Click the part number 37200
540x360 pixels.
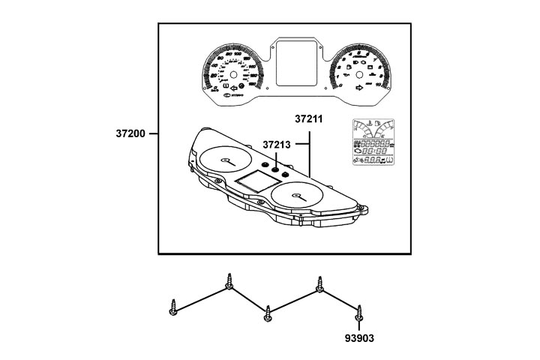coord(131,134)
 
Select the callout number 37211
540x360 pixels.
coord(310,118)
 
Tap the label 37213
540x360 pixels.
coord(277,143)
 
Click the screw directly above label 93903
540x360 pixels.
coord(360,311)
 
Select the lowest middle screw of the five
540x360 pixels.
coord(268,315)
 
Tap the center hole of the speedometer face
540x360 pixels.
coord(234,76)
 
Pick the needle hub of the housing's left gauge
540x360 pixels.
coord(226,160)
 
